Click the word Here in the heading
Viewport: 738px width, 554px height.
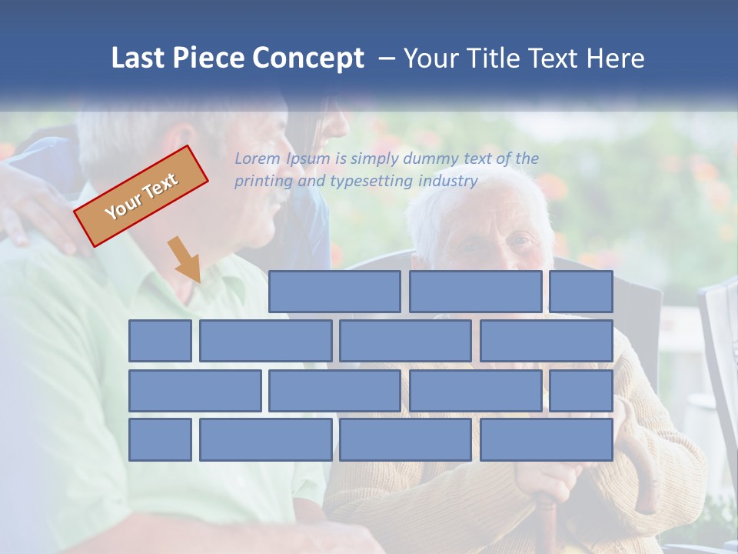[x=616, y=58]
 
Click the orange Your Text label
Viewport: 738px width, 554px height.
[x=141, y=196]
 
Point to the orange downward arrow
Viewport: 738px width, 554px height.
[x=185, y=259]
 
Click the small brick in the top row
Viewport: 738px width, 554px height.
[x=581, y=292]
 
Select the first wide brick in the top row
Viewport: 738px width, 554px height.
[x=334, y=292]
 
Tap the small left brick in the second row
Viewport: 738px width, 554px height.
[x=160, y=341]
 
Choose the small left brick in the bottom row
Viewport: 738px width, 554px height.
[x=160, y=439]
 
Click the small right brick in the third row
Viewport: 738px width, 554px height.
[x=581, y=390]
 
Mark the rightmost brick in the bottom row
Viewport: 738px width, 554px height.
[x=547, y=439]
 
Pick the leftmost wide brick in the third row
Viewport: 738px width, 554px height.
[x=195, y=390]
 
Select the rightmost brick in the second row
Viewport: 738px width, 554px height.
[x=547, y=341]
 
